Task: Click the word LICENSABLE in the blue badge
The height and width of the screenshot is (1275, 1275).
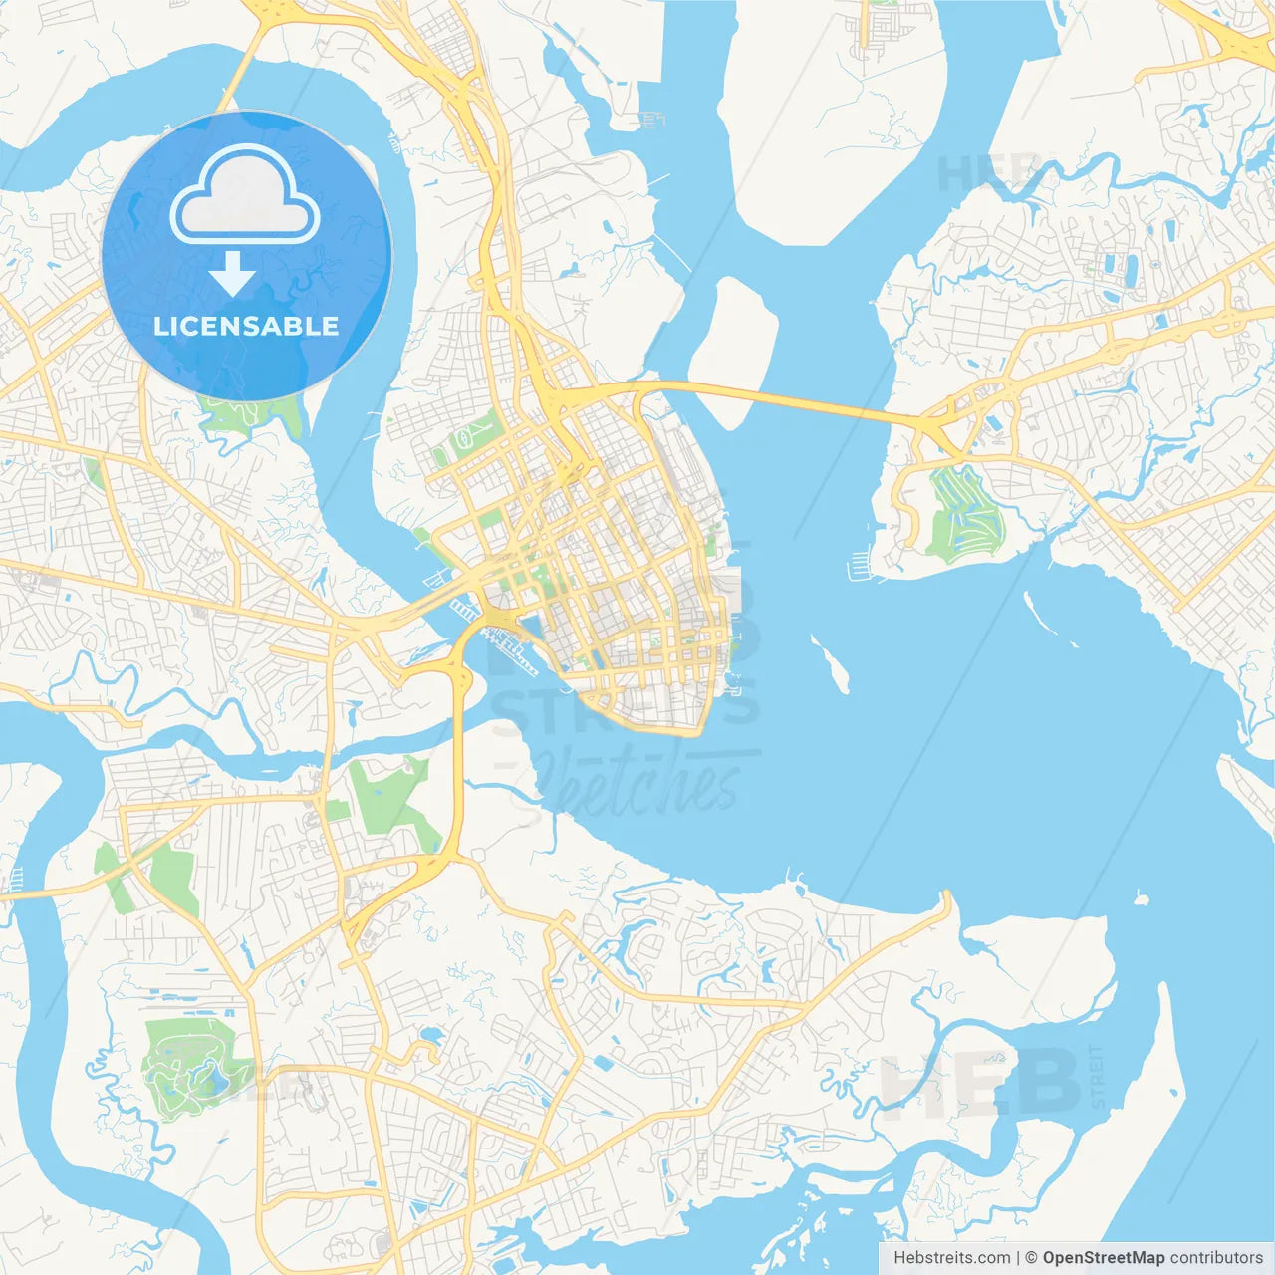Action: coord(246,326)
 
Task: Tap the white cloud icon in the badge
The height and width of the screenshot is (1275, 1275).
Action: coord(245,196)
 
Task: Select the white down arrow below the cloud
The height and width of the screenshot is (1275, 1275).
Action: coord(232,273)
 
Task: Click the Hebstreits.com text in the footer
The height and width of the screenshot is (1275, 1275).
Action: coord(951,1258)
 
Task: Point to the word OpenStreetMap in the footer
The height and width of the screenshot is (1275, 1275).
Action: coord(1103,1258)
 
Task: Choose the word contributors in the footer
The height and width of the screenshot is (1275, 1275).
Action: coord(1216,1258)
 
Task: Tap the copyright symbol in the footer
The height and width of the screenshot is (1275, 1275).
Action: coord(1031,1258)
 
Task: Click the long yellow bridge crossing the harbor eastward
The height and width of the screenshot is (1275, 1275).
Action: coord(797,401)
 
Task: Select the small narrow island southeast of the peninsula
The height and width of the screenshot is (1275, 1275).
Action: coord(831,664)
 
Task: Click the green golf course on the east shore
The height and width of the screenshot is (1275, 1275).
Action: coord(962,512)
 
